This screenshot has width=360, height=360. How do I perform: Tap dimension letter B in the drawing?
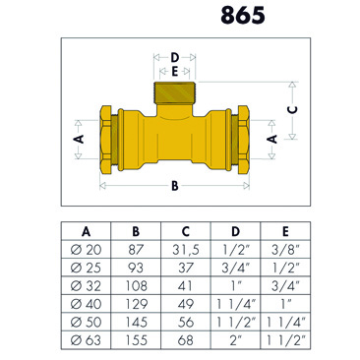175,184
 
